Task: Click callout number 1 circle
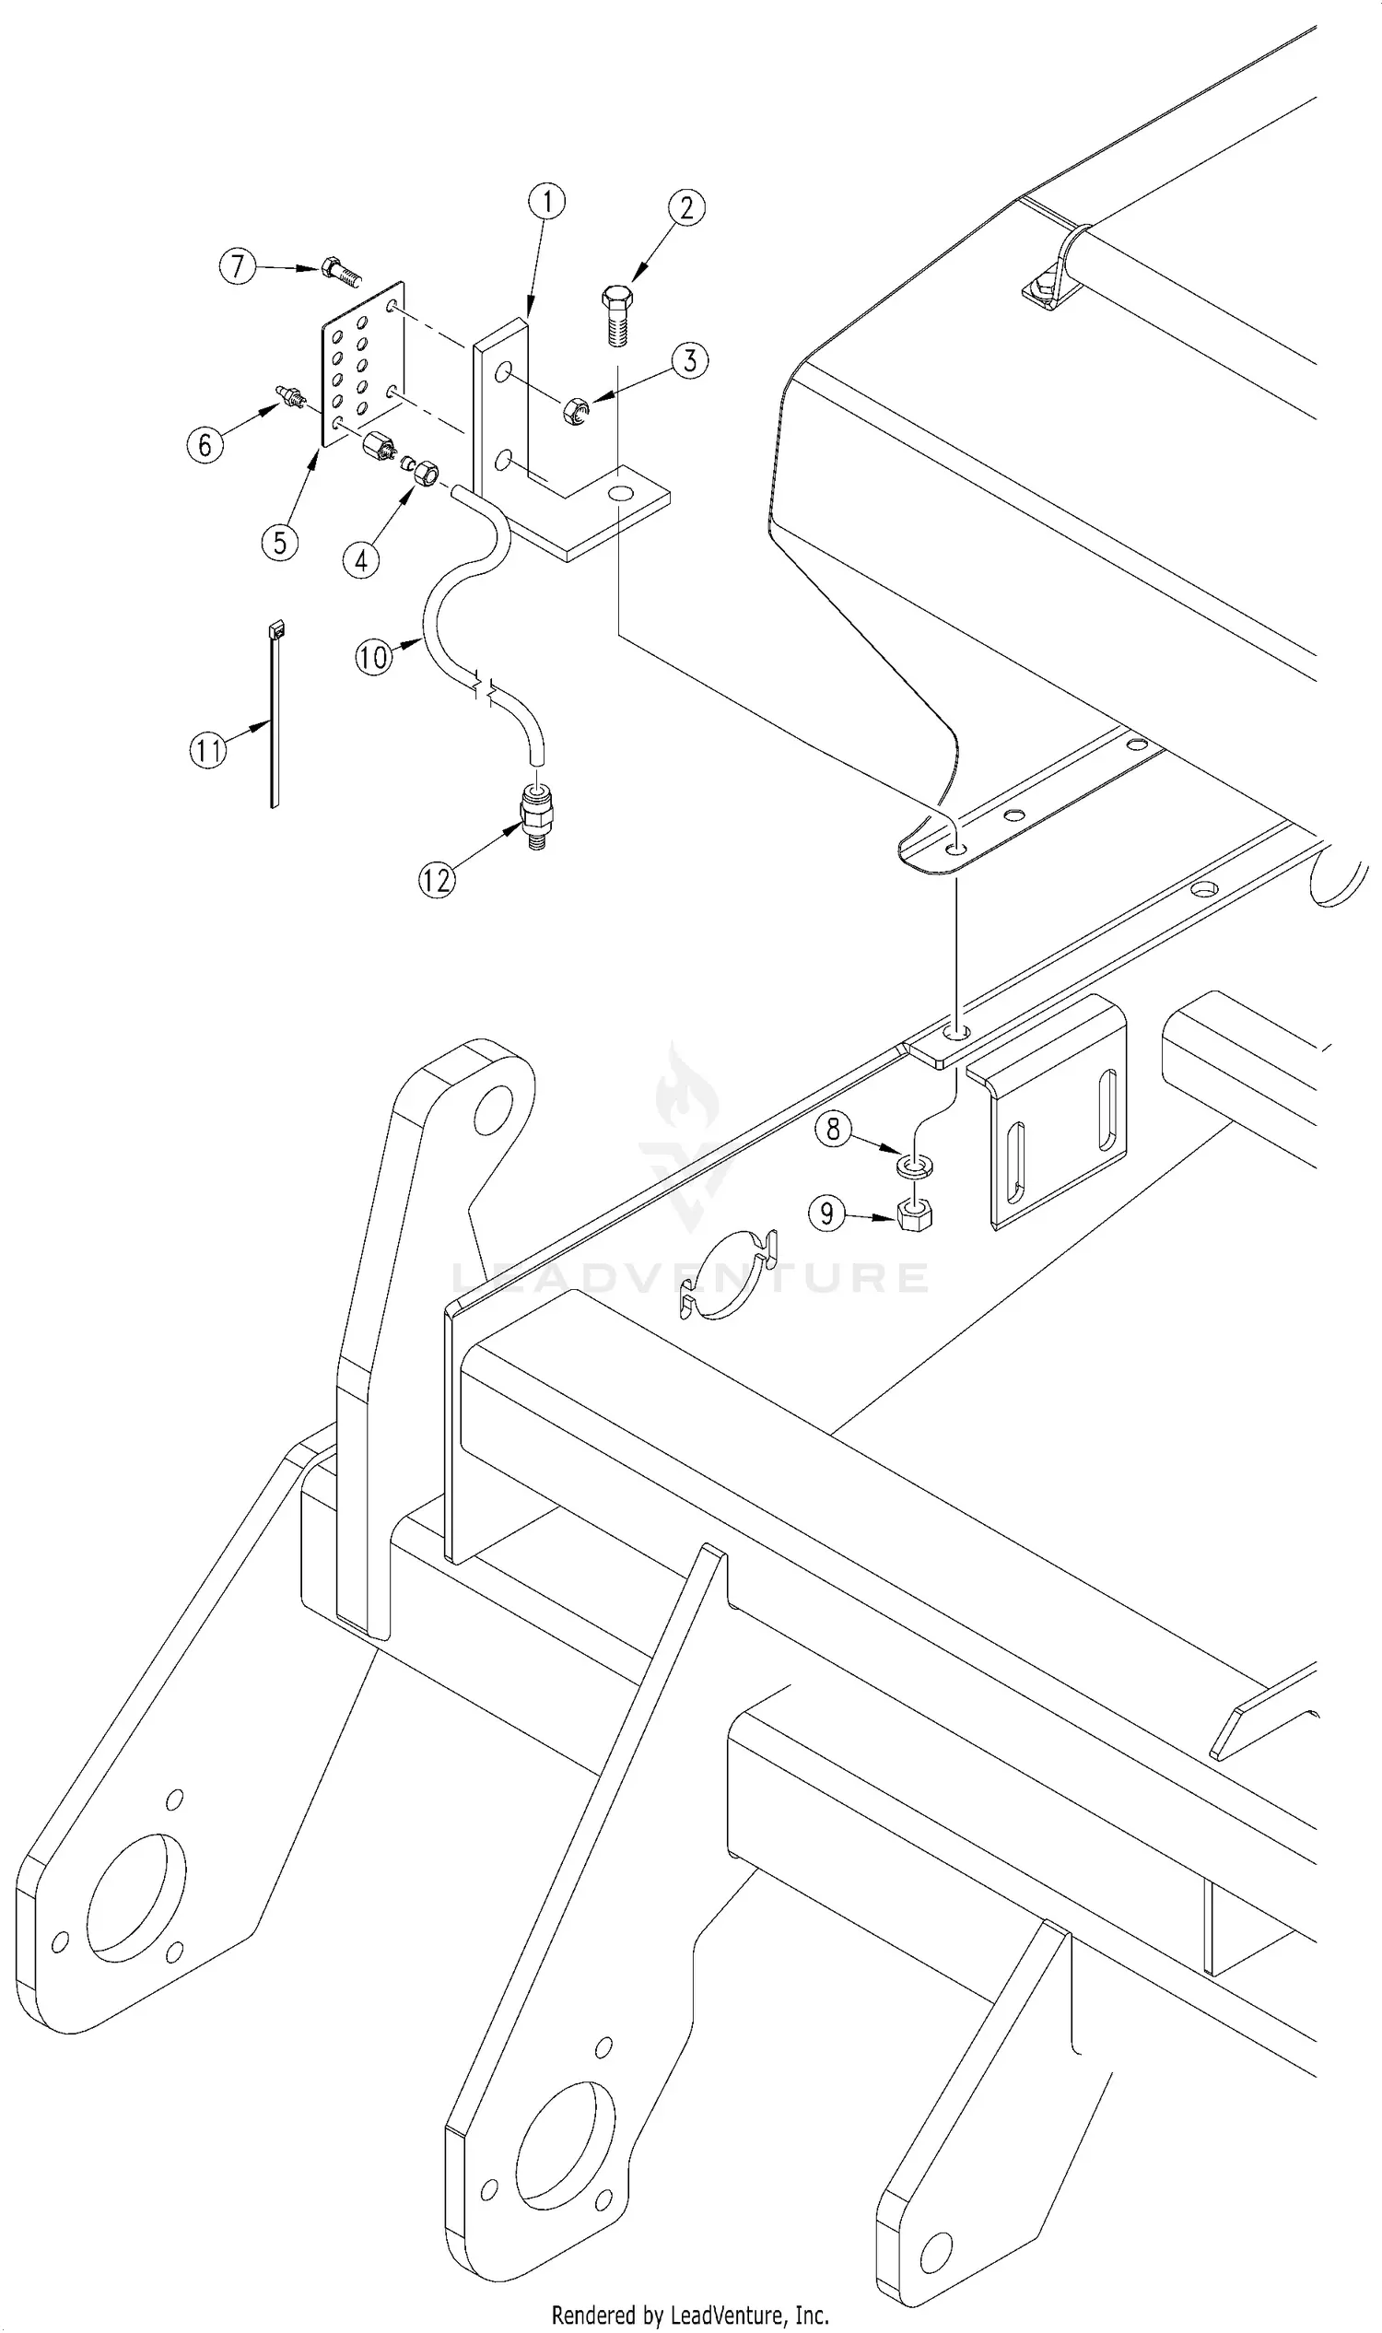click(546, 201)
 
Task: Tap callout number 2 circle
click(686, 207)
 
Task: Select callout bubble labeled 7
click(238, 267)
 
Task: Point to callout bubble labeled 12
click(437, 879)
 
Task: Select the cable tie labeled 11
click(275, 717)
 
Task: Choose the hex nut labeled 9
click(916, 1213)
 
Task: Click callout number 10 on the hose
click(373, 658)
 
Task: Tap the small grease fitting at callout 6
click(292, 397)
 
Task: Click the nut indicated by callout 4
click(425, 474)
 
